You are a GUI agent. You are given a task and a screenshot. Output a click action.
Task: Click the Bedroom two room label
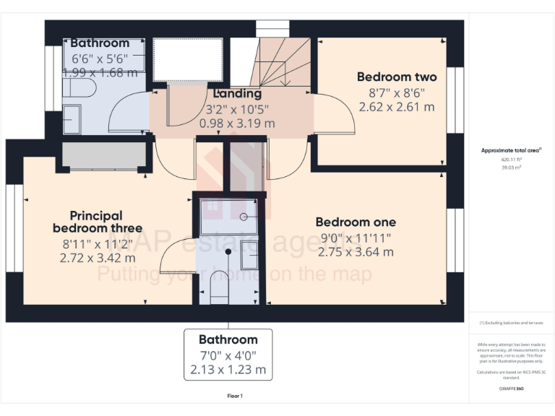point(397,77)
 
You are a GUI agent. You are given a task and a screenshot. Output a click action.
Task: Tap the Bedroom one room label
point(356,222)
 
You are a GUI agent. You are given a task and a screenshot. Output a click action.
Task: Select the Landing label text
point(237,94)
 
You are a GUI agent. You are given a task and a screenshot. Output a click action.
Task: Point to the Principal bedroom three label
point(96,222)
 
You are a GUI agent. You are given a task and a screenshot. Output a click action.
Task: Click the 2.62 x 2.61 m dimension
point(397,107)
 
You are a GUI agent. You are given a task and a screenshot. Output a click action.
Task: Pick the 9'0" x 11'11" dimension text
point(356,238)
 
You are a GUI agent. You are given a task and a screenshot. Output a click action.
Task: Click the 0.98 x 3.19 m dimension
point(237,123)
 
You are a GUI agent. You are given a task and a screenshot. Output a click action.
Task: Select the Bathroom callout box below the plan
point(228,355)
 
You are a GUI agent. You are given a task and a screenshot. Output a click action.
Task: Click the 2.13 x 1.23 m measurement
point(228,370)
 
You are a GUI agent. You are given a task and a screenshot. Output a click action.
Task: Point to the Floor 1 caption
point(235,396)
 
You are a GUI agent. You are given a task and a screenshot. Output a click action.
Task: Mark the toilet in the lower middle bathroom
point(218,287)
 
